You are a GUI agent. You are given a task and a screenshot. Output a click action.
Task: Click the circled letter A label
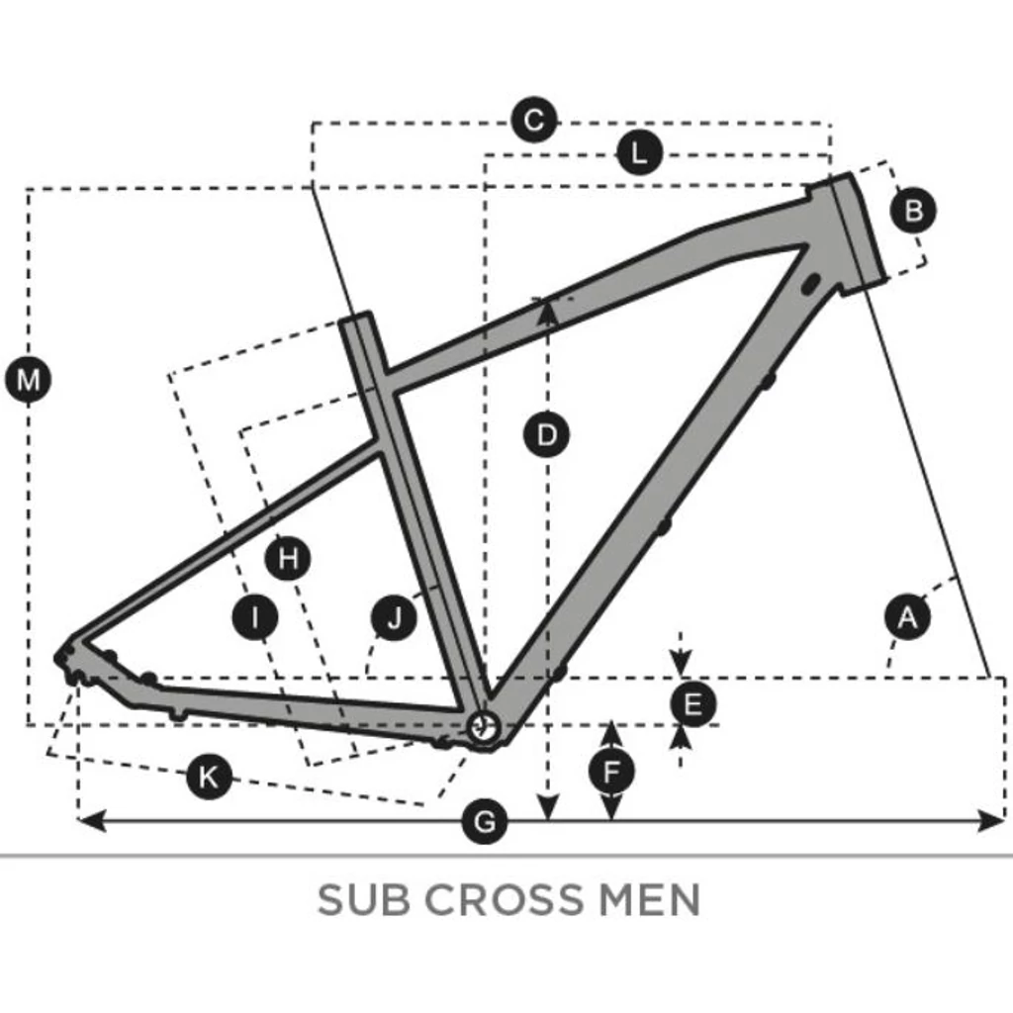[x=907, y=617]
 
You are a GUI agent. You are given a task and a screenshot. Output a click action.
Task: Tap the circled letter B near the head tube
[x=913, y=210]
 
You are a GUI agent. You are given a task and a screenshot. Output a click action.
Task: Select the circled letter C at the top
[x=534, y=122]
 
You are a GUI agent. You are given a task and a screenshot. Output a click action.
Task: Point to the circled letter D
[x=546, y=434]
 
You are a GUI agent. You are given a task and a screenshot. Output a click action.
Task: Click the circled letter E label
[x=692, y=705]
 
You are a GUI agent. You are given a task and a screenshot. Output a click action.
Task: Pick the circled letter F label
[x=612, y=769]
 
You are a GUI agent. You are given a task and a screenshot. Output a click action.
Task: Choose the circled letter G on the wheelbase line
[x=485, y=821]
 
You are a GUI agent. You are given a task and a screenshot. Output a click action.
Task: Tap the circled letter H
[x=288, y=560]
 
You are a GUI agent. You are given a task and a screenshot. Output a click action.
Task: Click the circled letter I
[x=255, y=618]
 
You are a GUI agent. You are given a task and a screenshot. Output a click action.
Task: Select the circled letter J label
[x=395, y=618]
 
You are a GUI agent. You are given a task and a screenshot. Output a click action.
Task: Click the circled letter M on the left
[x=29, y=380]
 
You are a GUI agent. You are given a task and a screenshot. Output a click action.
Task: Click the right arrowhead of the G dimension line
[x=992, y=820]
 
